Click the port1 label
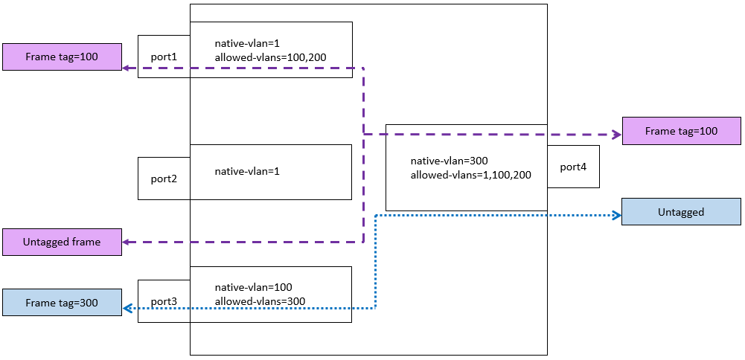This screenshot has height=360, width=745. coord(164,57)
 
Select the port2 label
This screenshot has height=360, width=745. coord(164,179)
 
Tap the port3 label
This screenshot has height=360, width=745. coord(164,301)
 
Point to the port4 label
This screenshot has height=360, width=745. coord(573,167)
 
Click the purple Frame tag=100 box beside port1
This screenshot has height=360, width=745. coord(61,57)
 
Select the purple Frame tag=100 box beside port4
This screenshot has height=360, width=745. coord(681,131)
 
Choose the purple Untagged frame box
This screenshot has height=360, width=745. coord(61,242)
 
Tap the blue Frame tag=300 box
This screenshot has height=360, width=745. coord(61,303)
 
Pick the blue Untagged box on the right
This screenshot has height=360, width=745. coord(681,212)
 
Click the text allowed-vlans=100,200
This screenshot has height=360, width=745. coord(271,57)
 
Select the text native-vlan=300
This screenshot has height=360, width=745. coord(449,161)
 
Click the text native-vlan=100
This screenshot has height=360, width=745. coord(253,287)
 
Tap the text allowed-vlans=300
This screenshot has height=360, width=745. coord(260,301)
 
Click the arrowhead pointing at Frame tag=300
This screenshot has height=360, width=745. coord(127,308)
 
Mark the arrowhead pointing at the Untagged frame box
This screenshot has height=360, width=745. coord(127,242)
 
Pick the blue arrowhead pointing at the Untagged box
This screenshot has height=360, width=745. coord(616,216)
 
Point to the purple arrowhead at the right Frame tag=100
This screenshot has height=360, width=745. coord(616,135)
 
